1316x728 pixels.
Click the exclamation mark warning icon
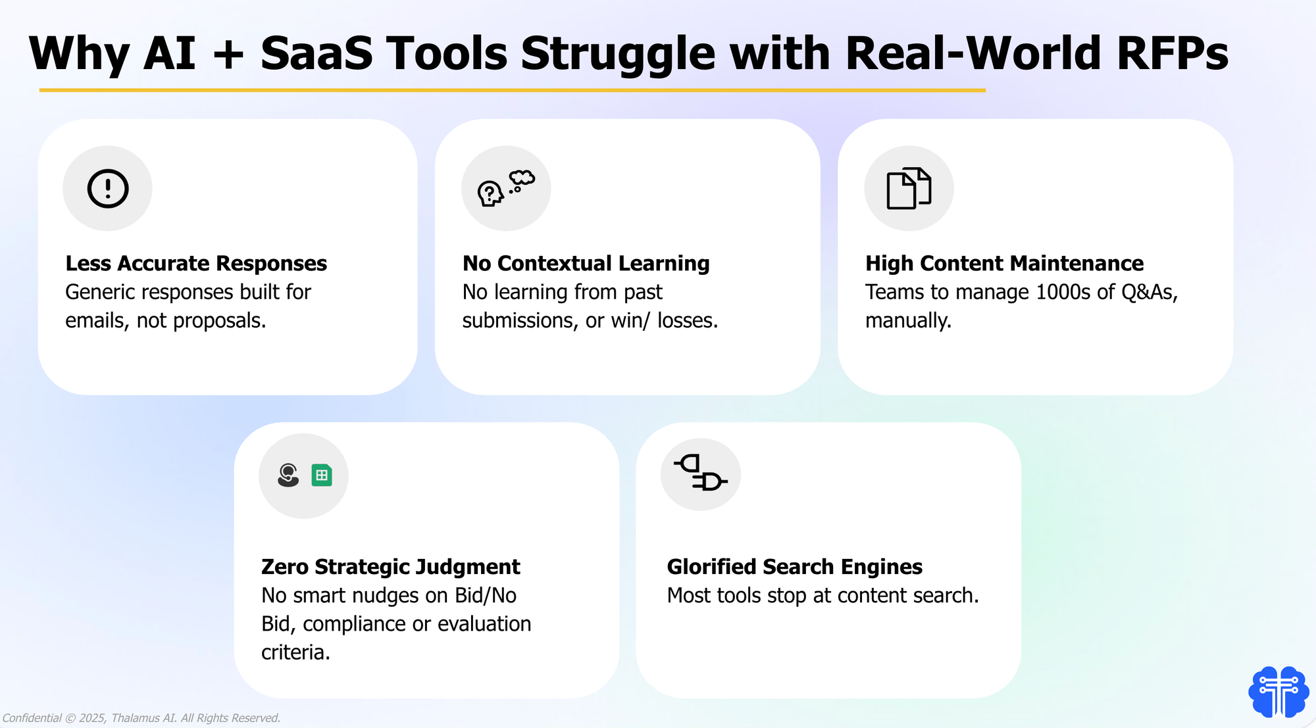108,189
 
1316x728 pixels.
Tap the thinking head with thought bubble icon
506,188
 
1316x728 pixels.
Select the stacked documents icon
909,189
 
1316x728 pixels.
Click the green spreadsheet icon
322,475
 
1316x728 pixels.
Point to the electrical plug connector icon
701,473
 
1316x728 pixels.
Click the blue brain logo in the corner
1278,692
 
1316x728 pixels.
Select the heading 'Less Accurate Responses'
196,263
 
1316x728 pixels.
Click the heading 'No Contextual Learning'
586,263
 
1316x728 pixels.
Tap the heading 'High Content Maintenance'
1004,263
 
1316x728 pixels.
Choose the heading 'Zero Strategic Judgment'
390,567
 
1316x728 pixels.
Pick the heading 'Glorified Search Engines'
794,567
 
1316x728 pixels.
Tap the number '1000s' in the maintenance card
1063,292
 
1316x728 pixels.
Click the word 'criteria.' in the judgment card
295,652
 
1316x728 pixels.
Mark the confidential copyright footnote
141,718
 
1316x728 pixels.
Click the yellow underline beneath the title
512,90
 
